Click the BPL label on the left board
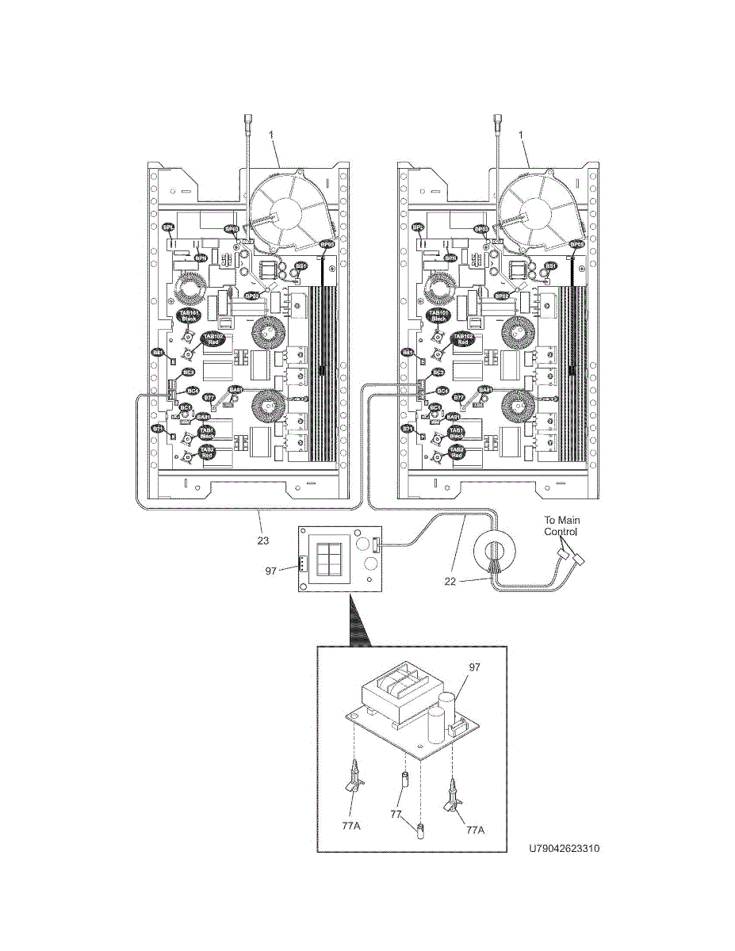coord(168,228)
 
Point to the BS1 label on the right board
coord(550,266)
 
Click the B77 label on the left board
coord(209,397)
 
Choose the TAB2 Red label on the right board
coord(457,452)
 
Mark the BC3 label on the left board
coord(189,372)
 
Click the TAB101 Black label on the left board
coord(189,315)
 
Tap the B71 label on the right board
coord(408,429)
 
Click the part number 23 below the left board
coord(263,540)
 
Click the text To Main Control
coord(561,526)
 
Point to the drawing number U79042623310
coord(565,848)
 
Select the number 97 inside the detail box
coord(475,667)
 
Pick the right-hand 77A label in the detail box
coord(474,830)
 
